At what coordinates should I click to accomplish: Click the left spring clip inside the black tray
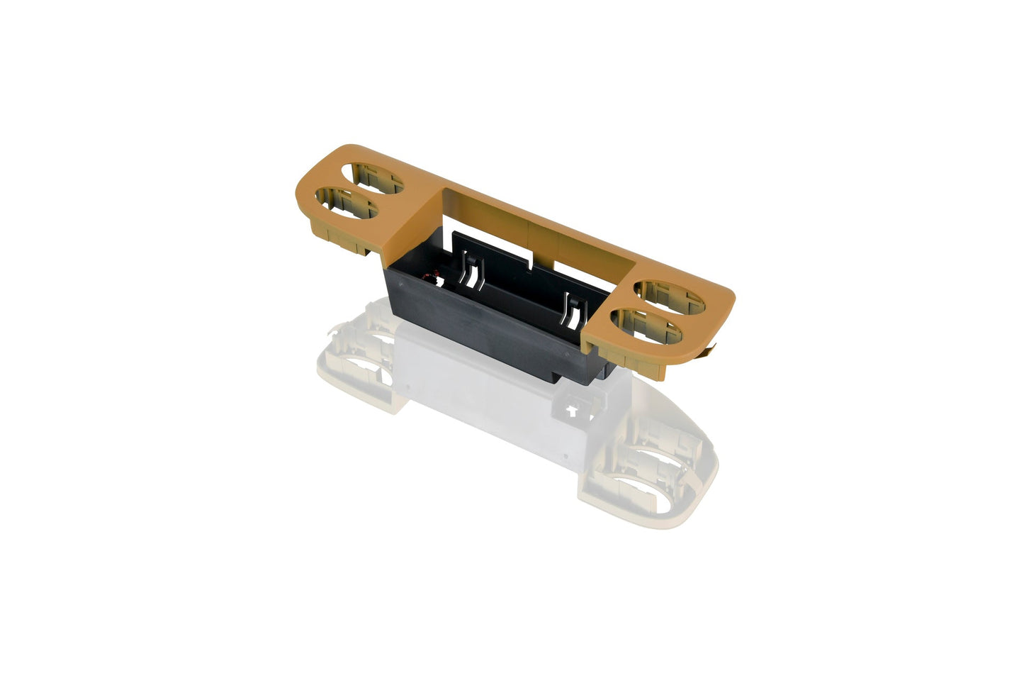pos(470,270)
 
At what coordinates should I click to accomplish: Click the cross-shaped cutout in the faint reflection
pos(572,410)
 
